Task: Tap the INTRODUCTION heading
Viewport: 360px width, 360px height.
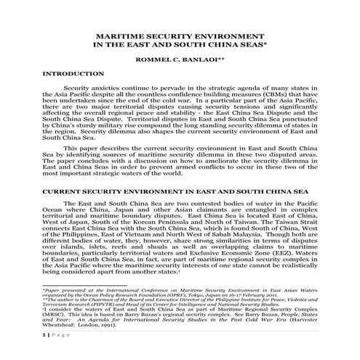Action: pyautogui.click(x=73, y=74)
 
